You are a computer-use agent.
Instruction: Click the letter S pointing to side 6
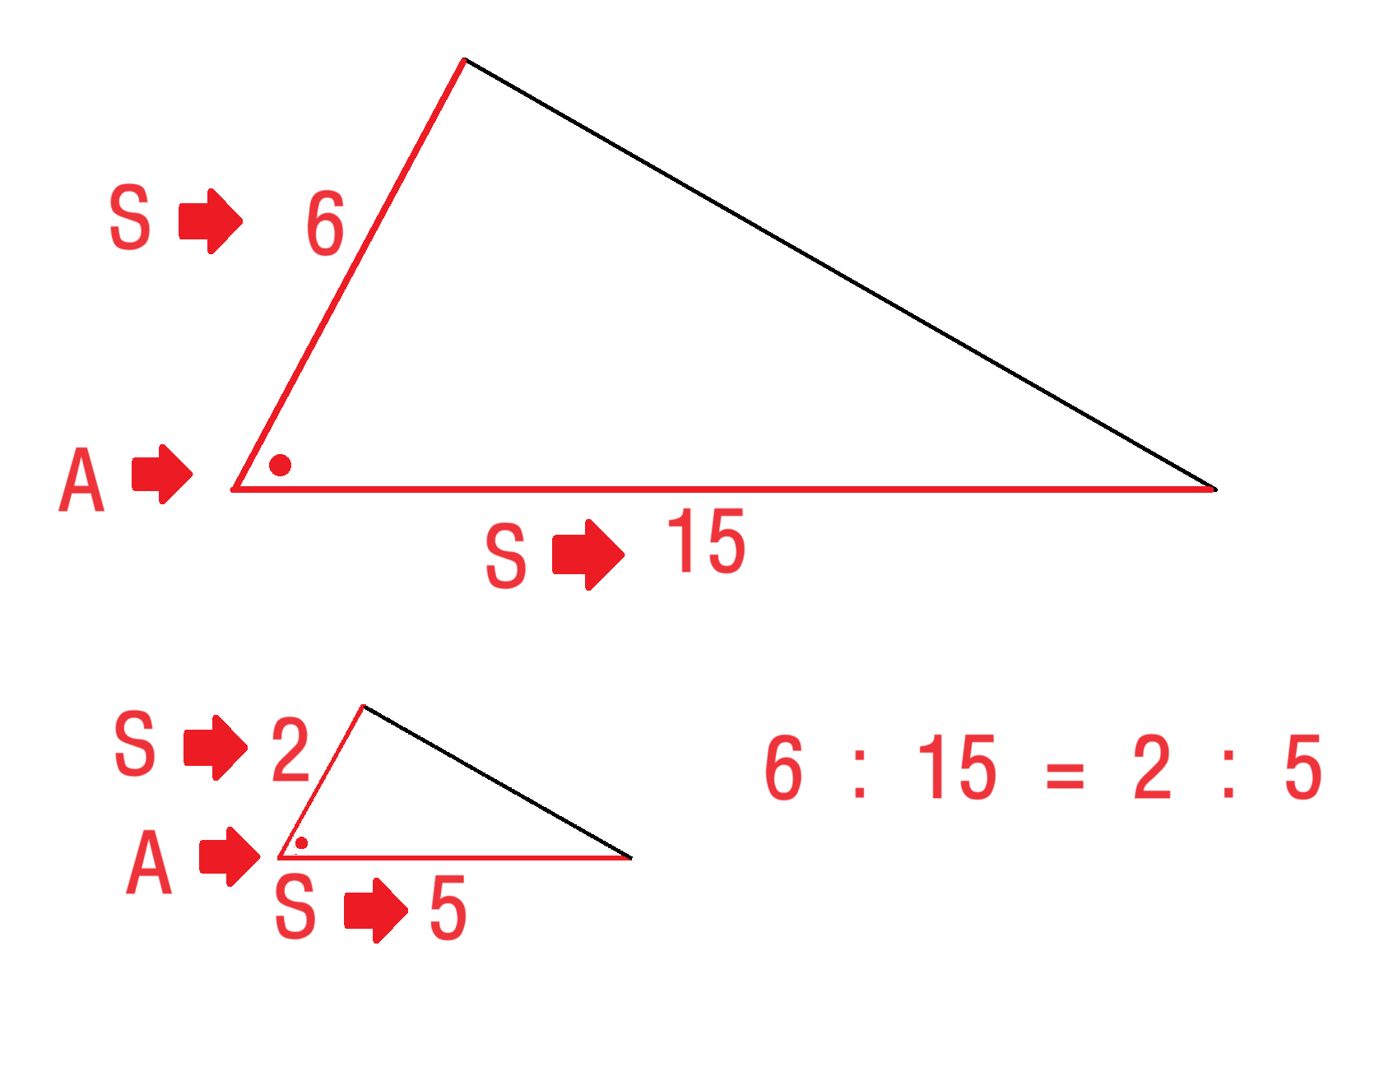(x=130, y=217)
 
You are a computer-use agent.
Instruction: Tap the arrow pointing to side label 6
(x=210, y=220)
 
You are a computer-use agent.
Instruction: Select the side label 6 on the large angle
(x=325, y=223)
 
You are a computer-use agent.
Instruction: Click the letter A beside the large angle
(x=81, y=480)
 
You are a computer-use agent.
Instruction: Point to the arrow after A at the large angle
(x=162, y=474)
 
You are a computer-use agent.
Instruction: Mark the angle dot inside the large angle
(x=281, y=466)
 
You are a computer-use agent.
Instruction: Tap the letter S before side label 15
(x=505, y=556)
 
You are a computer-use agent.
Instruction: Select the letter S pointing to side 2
(x=134, y=744)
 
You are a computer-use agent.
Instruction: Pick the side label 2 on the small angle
(x=290, y=749)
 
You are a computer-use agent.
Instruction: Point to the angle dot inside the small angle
(x=302, y=843)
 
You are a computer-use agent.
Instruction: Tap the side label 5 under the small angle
(x=448, y=908)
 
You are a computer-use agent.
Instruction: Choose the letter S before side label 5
(x=295, y=907)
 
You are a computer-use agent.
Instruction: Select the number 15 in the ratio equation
(x=957, y=768)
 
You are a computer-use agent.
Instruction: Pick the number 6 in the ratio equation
(x=783, y=768)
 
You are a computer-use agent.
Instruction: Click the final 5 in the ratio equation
(x=1303, y=768)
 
